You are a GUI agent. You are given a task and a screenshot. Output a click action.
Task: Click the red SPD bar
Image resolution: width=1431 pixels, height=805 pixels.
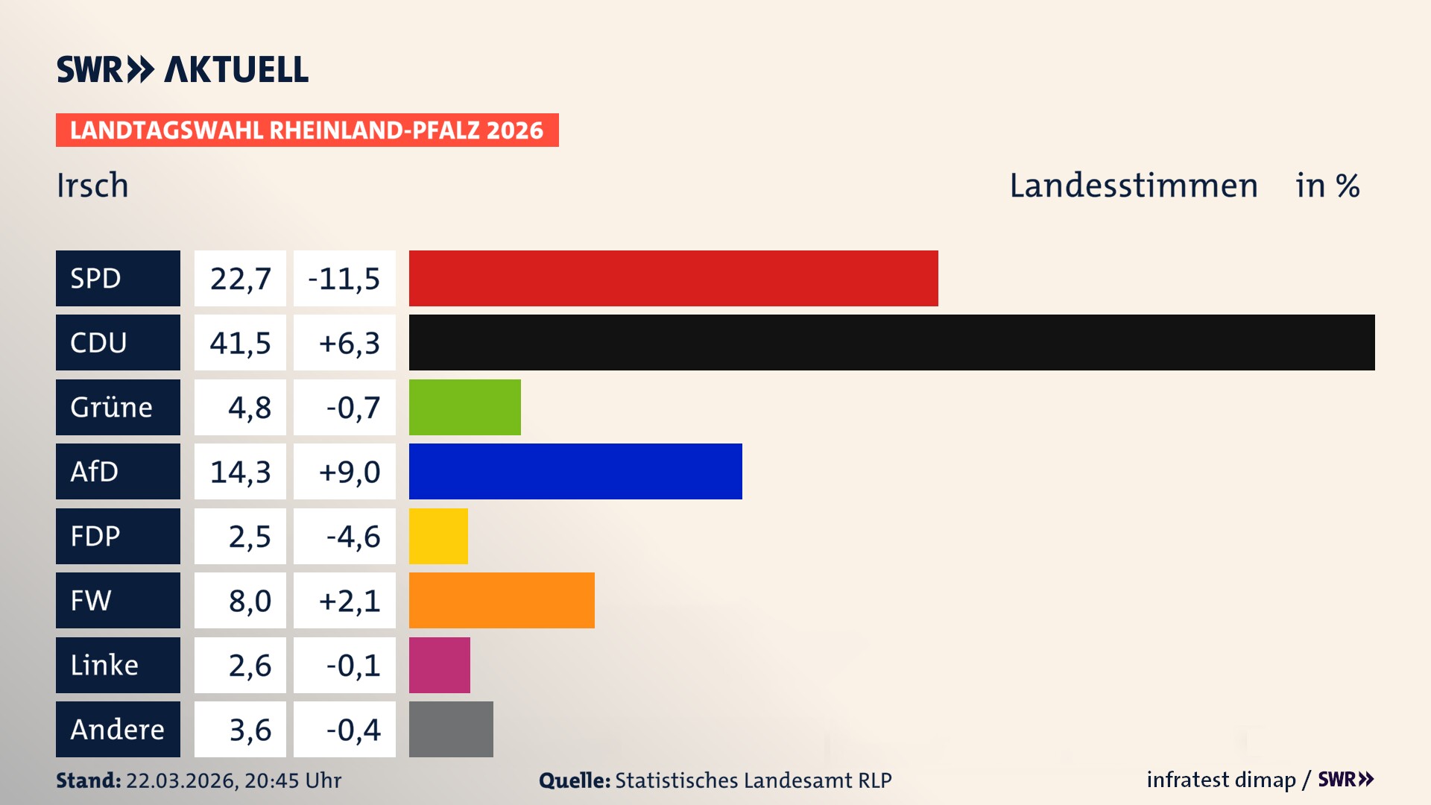click(673, 278)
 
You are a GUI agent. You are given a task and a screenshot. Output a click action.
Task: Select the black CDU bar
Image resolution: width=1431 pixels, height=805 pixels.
click(891, 342)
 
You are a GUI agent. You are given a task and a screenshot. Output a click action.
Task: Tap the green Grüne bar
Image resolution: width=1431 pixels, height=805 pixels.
click(464, 407)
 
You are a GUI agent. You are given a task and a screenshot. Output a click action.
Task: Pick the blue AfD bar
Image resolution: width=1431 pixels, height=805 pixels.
click(575, 471)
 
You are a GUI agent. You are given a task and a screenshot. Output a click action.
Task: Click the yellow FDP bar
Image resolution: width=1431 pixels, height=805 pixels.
click(438, 536)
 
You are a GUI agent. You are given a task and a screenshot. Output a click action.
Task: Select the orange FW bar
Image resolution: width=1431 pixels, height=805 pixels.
click(502, 600)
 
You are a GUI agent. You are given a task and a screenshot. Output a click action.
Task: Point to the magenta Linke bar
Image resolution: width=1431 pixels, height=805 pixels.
click(439, 665)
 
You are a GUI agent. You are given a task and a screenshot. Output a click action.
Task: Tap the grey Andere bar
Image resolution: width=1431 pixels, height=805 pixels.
click(451, 729)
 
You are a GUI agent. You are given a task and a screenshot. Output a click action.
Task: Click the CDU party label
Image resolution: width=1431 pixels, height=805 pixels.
click(118, 342)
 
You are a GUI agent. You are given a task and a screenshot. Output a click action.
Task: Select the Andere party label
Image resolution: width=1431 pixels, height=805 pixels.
click(118, 729)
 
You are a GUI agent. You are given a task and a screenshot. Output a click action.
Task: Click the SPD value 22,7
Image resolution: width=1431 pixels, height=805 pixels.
click(240, 279)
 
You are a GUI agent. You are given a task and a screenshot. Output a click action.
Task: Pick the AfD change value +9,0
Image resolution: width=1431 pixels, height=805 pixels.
click(348, 472)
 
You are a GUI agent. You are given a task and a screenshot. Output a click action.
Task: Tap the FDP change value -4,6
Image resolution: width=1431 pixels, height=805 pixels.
click(353, 537)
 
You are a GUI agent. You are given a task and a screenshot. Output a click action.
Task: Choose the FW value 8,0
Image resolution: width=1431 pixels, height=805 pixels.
click(250, 601)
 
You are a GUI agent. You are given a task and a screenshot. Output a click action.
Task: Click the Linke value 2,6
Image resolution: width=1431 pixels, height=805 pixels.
click(250, 666)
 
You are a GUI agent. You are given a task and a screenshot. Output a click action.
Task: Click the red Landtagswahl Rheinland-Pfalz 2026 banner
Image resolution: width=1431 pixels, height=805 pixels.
click(306, 130)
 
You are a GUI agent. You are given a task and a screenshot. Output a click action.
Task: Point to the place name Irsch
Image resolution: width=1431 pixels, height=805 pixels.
click(92, 185)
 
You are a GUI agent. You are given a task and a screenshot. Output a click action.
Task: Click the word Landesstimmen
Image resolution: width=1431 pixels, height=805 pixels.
click(1133, 185)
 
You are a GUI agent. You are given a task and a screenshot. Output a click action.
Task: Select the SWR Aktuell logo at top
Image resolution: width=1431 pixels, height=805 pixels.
click(182, 69)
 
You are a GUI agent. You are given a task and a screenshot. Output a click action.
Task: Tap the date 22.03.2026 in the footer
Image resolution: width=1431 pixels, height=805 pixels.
click(181, 780)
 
